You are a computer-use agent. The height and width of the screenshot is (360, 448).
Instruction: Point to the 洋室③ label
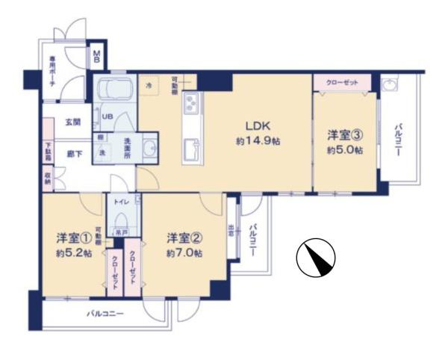[345, 136]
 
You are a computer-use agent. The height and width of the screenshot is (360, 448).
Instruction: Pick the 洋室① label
[73, 239]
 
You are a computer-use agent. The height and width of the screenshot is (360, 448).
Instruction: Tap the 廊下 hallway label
[72, 153]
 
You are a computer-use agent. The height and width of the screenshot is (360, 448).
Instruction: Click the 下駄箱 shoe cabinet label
[48, 152]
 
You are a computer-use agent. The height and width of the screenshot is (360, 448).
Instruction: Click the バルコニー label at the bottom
[105, 314]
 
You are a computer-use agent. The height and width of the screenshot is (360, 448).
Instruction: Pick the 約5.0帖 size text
[345, 150]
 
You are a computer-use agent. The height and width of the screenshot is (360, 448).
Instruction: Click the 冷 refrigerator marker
[148, 87]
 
